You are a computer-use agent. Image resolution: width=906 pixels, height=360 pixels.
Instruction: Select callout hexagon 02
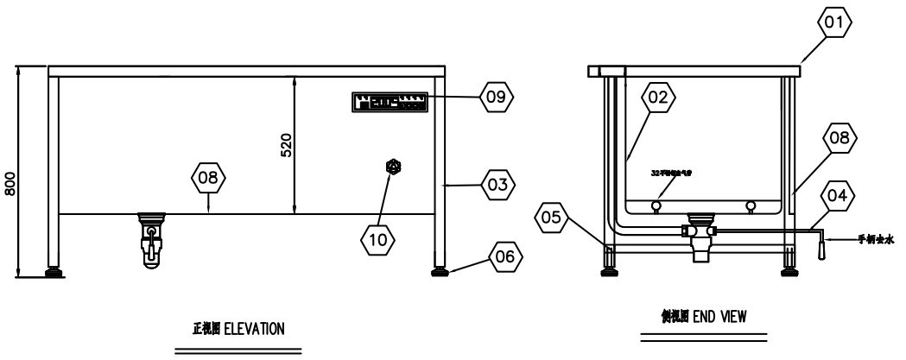point(658,98)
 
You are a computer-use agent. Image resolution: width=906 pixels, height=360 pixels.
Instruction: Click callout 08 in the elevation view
point(209,180)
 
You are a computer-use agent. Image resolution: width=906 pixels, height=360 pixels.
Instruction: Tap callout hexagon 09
point(497,95)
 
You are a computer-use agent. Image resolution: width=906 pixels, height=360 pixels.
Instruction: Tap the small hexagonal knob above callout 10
point(394,166)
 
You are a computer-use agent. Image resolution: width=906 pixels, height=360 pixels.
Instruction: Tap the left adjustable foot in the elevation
point(54,273)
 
